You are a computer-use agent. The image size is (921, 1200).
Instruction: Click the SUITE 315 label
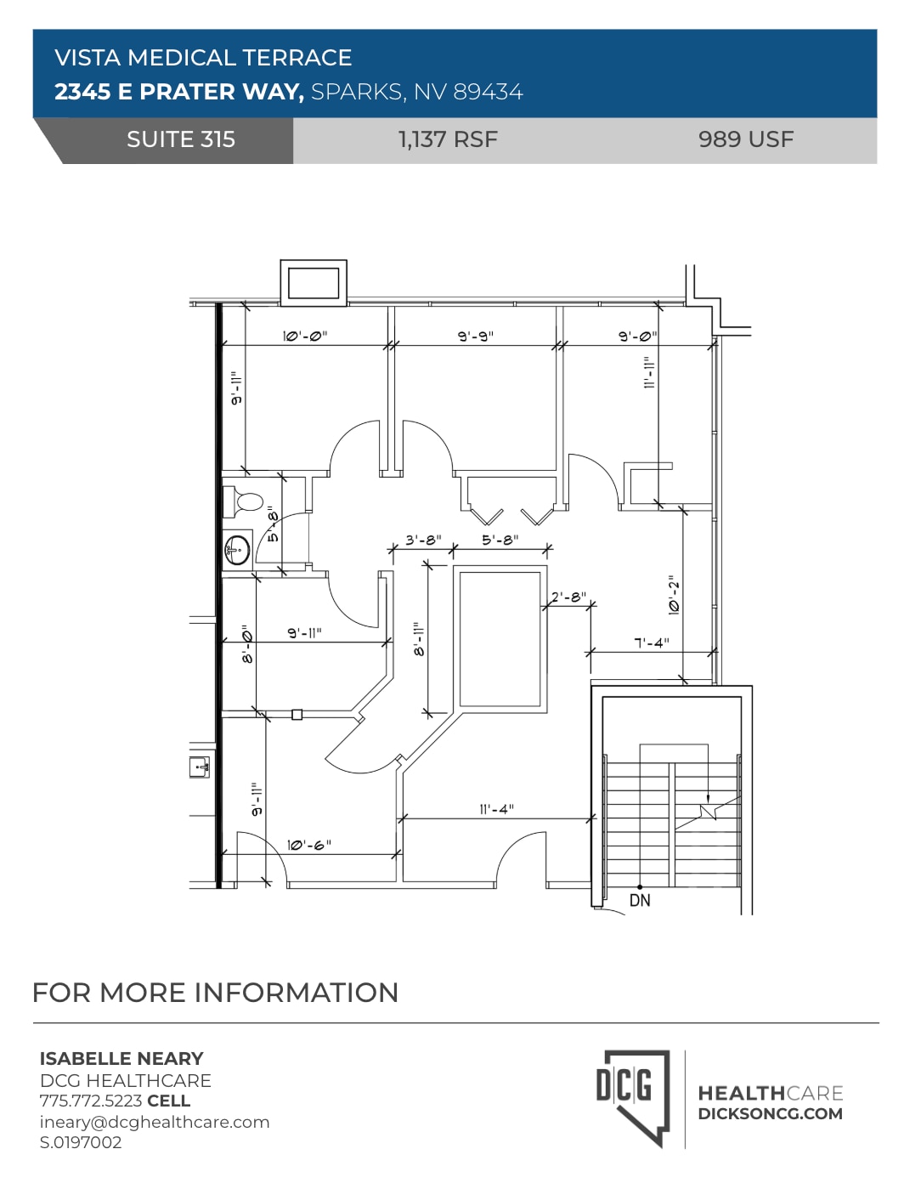point(180,139)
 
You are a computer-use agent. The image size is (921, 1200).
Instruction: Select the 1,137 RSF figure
point(448,139)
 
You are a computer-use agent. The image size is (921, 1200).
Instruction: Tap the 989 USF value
point(745,139)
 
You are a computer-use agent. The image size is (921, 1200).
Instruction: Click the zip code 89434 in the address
point(488,92)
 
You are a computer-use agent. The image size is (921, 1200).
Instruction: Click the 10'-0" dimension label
point(304,336)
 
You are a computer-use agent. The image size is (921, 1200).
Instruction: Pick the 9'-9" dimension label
point(475,336)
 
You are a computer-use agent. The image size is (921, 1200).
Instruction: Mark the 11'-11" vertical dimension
point(649,372)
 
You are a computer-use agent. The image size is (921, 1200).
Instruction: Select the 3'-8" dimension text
point(422,540)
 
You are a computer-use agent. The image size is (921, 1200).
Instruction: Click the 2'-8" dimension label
point(568,597)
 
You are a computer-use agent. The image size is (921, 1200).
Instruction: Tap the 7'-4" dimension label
point(651,642)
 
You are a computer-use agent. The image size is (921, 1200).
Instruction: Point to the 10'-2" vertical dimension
point(674,595)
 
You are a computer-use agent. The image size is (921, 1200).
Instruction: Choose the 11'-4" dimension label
point(496,809)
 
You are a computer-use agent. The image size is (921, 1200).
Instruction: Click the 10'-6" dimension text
point(308,845)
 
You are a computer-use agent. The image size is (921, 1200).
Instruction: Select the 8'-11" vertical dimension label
point(418,639)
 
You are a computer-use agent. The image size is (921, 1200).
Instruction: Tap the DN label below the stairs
point(640,900)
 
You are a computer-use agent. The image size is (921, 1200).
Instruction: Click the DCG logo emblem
point(633,1097)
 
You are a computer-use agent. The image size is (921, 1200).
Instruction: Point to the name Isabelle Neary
point(121,1059)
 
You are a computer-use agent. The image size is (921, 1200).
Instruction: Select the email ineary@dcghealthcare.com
point(155,1122)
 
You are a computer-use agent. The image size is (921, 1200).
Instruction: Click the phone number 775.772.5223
point(91,1101)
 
